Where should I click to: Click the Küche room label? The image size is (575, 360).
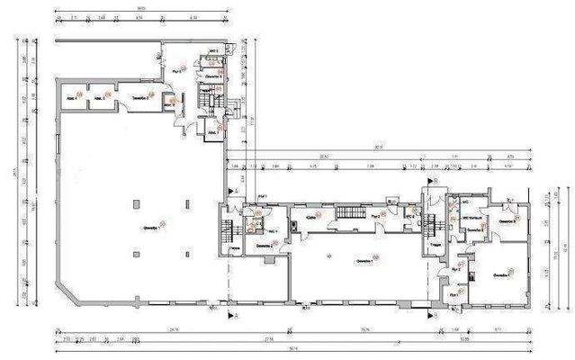pos(311,218)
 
